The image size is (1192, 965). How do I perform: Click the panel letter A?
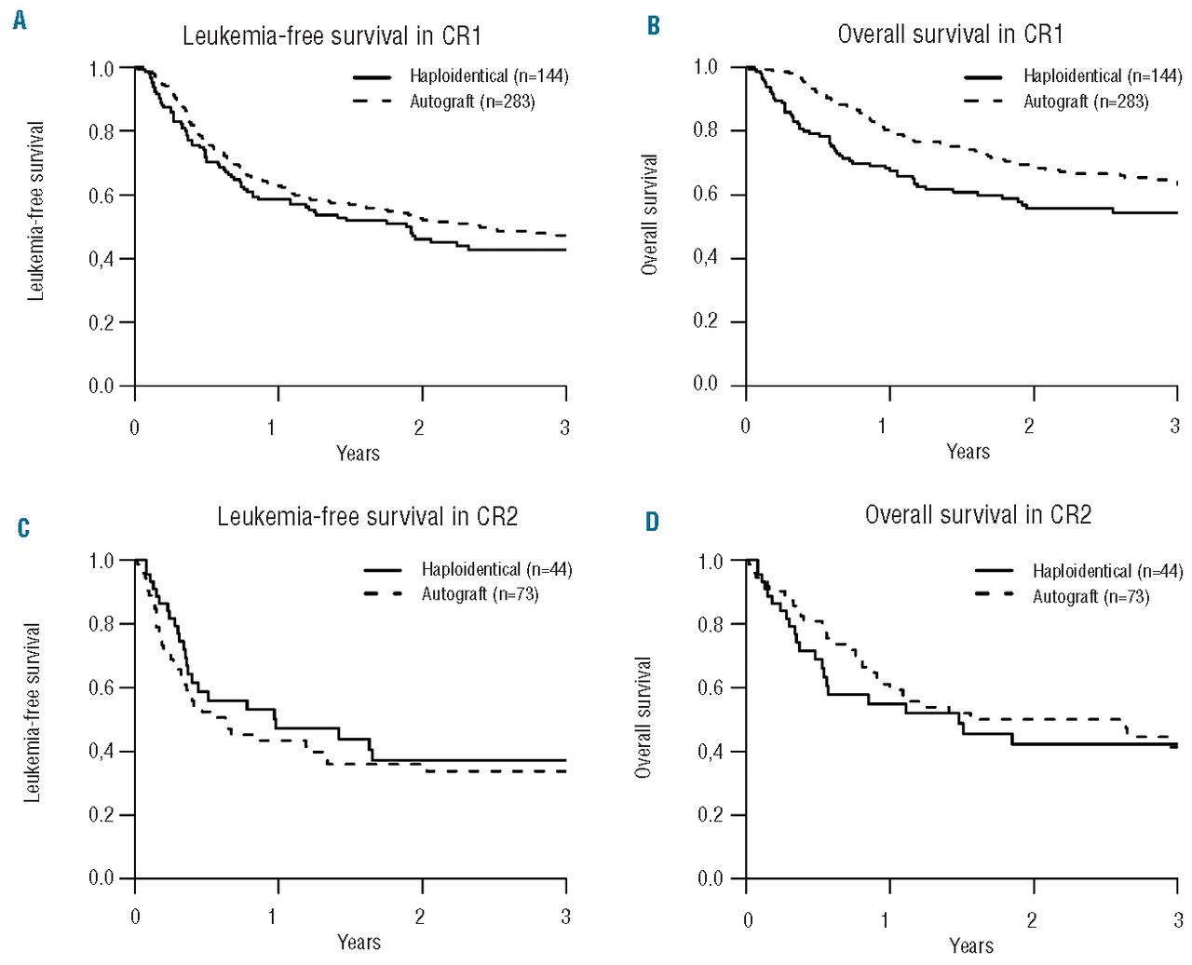[20, 20]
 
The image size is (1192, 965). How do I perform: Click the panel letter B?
[653, 26]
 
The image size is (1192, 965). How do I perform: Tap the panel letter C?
[23, 529]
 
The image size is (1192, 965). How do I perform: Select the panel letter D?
[652, 523]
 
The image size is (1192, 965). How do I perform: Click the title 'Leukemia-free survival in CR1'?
[332, 36]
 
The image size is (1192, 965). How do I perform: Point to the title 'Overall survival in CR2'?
[978, 514]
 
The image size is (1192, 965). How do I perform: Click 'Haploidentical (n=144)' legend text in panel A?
[489, 76]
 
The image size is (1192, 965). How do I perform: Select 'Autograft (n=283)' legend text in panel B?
[1086, 102]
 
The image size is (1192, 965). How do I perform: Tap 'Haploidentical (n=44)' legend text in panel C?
[496, 569]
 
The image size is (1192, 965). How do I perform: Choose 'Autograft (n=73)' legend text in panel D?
[1090, 597]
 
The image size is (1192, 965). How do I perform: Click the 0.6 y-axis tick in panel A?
[102, 196]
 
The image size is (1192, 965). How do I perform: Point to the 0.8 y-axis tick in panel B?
[706, 130]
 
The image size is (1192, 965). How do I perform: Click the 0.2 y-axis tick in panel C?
[102, 815]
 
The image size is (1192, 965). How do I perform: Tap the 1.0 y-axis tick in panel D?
[711, 562]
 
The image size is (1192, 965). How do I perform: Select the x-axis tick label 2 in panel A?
[419, 428]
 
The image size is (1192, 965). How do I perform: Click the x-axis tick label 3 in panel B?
[1175, 427]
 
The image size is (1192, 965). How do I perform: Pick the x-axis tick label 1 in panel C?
[273, 917]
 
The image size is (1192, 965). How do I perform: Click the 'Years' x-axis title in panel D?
[970, 946]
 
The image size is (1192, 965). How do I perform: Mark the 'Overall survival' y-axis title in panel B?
[650, 214]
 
